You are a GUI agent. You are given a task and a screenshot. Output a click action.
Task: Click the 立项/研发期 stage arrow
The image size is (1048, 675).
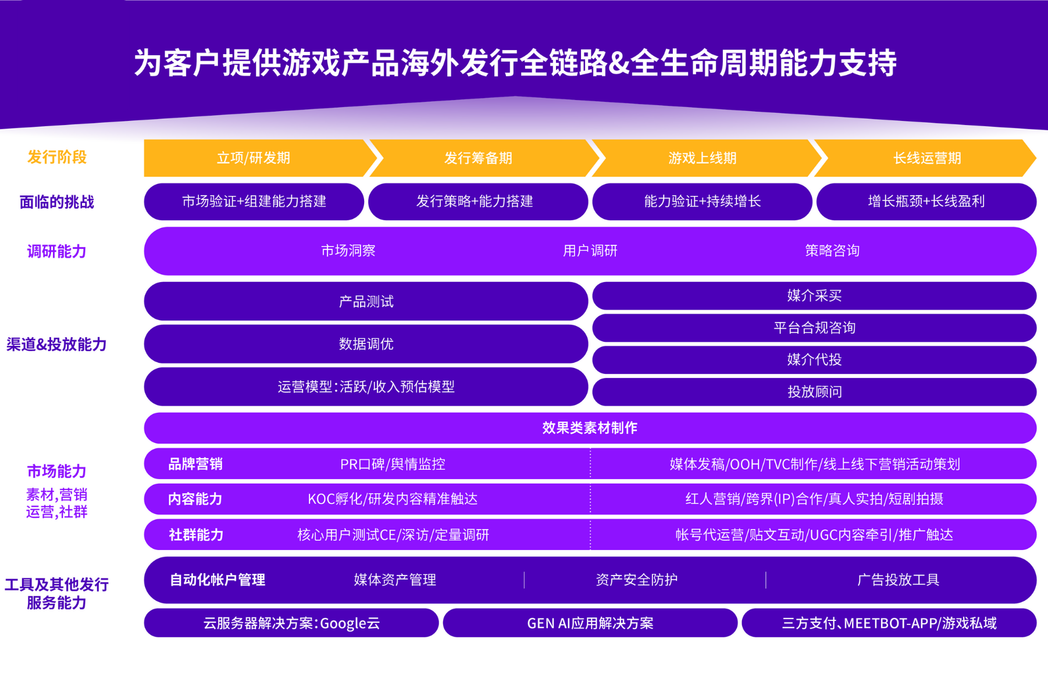click(x=254, y=158)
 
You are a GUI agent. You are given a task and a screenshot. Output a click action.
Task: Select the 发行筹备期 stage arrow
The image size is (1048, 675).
click(x=478, y=158)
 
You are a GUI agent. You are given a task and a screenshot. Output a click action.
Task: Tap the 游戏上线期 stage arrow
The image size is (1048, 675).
click(x=702, y=158)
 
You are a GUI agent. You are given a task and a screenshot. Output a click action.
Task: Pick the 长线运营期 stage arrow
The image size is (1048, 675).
click(x=926, y=158)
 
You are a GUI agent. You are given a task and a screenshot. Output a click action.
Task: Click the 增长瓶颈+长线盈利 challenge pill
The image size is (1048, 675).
click(x=926, y=202)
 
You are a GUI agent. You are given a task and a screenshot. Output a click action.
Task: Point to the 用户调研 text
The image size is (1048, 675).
click(x=590, y=251)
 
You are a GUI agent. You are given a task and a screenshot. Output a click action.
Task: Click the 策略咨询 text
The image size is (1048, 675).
click(x=832, y=251)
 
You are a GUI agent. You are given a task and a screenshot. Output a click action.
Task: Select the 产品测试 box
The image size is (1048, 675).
click(x=366, y=301)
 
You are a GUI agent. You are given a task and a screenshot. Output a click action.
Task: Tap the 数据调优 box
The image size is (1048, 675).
click(x=366, y=344)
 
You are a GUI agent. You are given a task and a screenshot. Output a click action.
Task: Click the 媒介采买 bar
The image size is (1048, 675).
click(x=814, y=296)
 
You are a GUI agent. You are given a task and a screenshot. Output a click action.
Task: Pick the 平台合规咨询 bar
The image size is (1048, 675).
click(x=814, y=328)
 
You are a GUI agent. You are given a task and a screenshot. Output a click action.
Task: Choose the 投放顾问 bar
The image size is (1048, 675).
click(x=814, y=392)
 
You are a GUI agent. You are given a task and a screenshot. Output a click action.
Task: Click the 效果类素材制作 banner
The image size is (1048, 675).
click(x=590, y=428)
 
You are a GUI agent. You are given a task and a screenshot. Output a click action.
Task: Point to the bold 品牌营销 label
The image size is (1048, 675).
click(x=195, y=464)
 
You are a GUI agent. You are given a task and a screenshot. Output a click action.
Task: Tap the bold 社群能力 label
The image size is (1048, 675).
click(x=196, y=535)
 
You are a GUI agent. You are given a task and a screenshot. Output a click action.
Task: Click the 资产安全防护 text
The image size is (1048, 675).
click(x=636, y=580)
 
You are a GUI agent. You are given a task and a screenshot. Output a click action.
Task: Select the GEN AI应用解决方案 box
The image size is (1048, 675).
click(x=590, y=623)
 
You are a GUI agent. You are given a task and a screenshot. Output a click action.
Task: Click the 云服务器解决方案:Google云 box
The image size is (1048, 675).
click(x=291, y=623)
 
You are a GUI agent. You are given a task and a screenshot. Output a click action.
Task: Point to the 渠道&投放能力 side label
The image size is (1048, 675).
click(x=56, y=344)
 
